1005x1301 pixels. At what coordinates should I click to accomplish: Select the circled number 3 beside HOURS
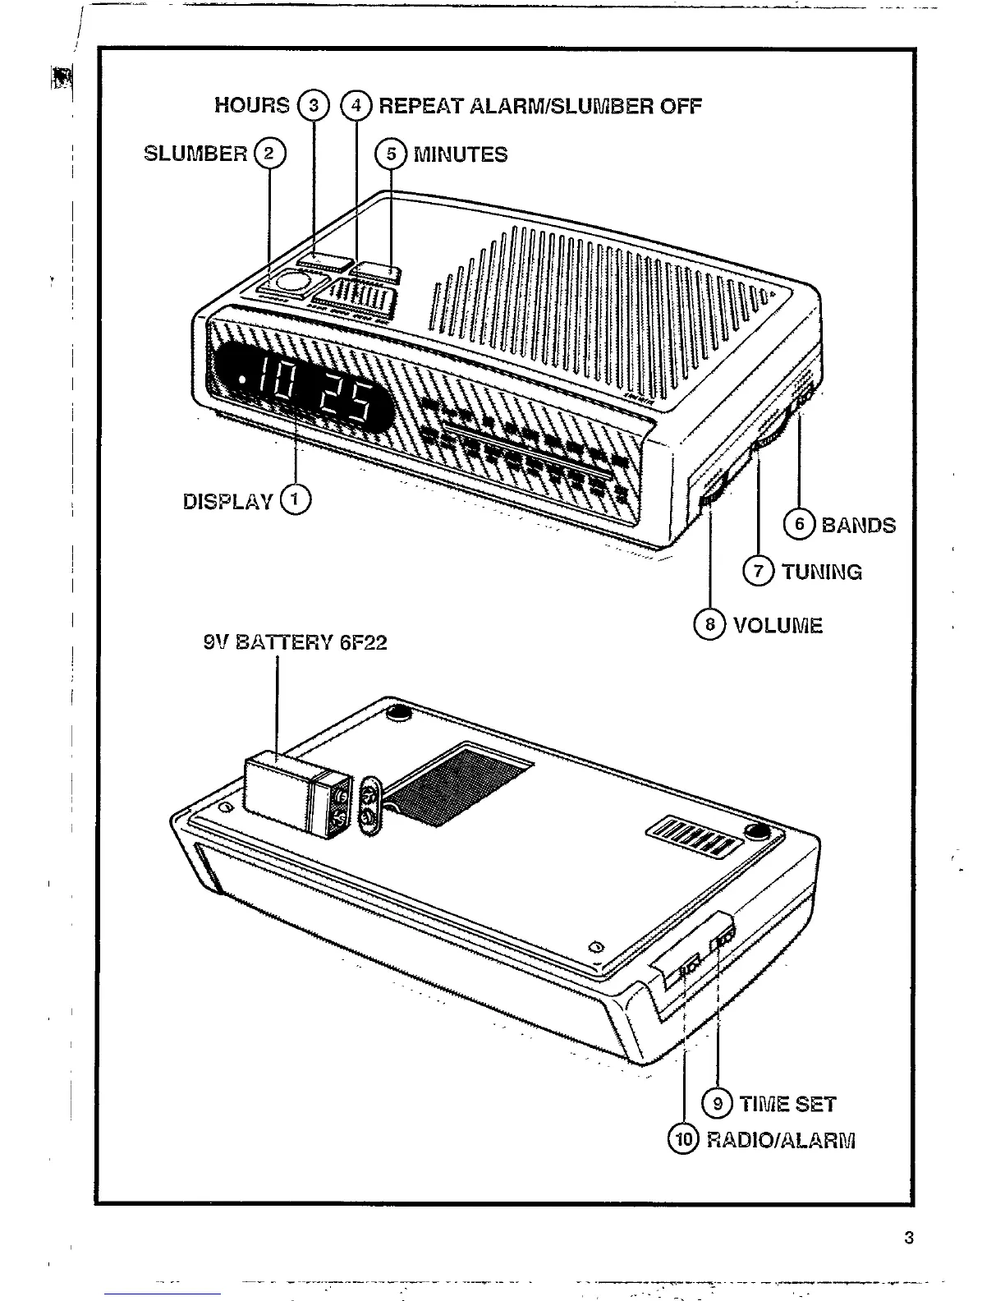[312, 105]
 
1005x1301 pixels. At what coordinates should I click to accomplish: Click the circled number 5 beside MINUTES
[391, 154]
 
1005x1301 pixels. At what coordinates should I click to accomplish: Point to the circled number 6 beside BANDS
[798, 524]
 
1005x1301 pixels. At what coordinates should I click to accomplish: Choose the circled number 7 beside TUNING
[758, 571]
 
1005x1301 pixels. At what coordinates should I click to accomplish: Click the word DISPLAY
[227, 501]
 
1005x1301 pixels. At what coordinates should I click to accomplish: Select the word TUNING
[821, 572]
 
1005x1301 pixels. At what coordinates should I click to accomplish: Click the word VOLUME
[778, 626]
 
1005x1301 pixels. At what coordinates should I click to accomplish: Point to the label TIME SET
[787, 1105]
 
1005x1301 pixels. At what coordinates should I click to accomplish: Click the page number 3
[908, 1238]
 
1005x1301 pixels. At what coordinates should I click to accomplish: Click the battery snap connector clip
[369, 804]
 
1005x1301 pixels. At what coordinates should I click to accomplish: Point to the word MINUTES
[460, 154]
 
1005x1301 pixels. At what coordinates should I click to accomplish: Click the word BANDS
[858, 525]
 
